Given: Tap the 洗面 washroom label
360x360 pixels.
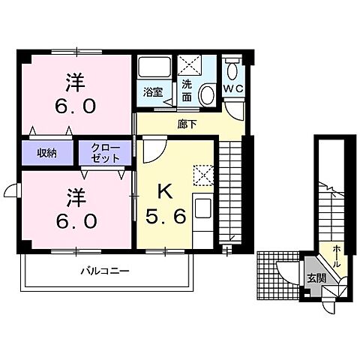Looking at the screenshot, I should click(x=187, y=91).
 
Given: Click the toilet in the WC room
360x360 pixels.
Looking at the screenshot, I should click(x=233, y=74).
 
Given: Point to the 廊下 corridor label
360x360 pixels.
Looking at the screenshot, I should click(x=187, y=124).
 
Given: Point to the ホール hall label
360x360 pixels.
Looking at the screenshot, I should click(x=337, y=250).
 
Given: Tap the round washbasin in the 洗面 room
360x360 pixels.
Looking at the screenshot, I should click(x=207, y=91).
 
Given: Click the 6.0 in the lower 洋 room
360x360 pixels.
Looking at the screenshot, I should click(x=73, y=223).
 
